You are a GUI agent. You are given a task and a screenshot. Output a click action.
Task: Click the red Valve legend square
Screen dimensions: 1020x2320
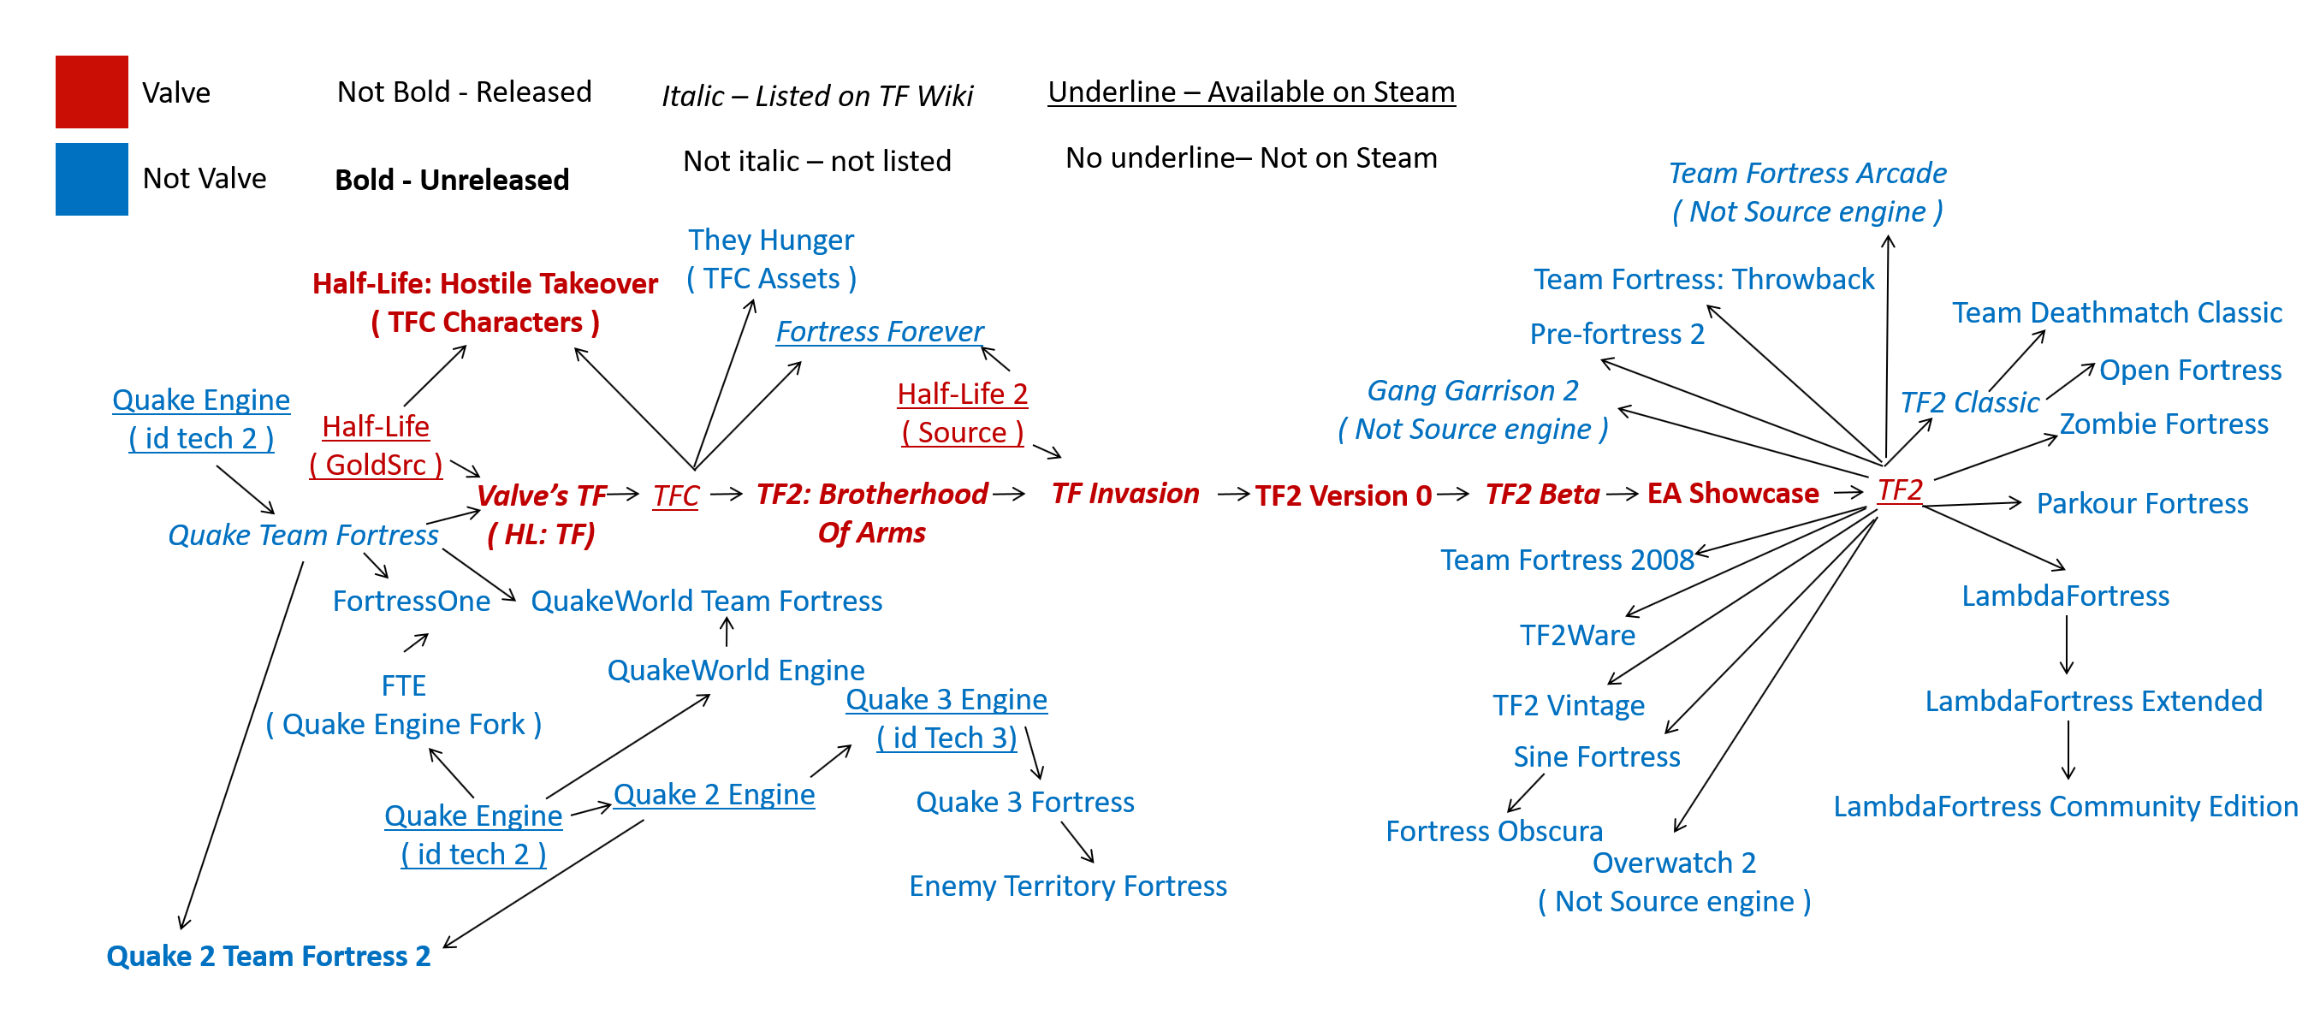tap(91, 92)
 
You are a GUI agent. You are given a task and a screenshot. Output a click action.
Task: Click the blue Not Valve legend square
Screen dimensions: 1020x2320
tap(91, 178)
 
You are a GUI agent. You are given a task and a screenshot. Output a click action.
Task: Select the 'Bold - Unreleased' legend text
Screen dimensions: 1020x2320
tap(451, 180)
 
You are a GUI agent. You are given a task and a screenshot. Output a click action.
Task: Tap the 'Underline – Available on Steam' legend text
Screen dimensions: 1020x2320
tap(1251, 92)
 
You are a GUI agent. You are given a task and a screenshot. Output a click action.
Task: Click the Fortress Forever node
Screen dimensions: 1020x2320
tap(879, 331)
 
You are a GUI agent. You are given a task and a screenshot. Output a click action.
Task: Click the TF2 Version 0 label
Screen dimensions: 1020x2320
tap(1343, 495)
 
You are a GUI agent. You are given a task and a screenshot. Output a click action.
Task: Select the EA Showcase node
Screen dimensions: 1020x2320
tap(1733, 494)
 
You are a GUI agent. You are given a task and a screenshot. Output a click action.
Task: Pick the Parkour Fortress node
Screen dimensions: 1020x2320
tap(2142, 503)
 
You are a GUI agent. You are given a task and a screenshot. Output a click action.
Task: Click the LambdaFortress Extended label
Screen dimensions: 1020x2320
tap(2093, 701)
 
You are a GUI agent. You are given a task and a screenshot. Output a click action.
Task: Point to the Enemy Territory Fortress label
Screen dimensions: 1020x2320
tap(1067, 886)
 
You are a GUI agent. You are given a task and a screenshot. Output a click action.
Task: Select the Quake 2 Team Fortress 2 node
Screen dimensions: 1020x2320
tap(269, 956)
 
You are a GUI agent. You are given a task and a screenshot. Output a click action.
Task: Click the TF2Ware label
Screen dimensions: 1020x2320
tap(1577, 636)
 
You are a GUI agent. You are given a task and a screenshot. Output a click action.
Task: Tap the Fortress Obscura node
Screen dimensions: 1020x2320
tap(1494, 831)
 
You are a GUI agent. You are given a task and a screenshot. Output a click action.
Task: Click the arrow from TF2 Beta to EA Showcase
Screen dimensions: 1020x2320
tap(1622, 494)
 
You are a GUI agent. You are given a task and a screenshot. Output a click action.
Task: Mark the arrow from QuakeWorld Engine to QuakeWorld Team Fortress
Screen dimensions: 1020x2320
tap(727, 632)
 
